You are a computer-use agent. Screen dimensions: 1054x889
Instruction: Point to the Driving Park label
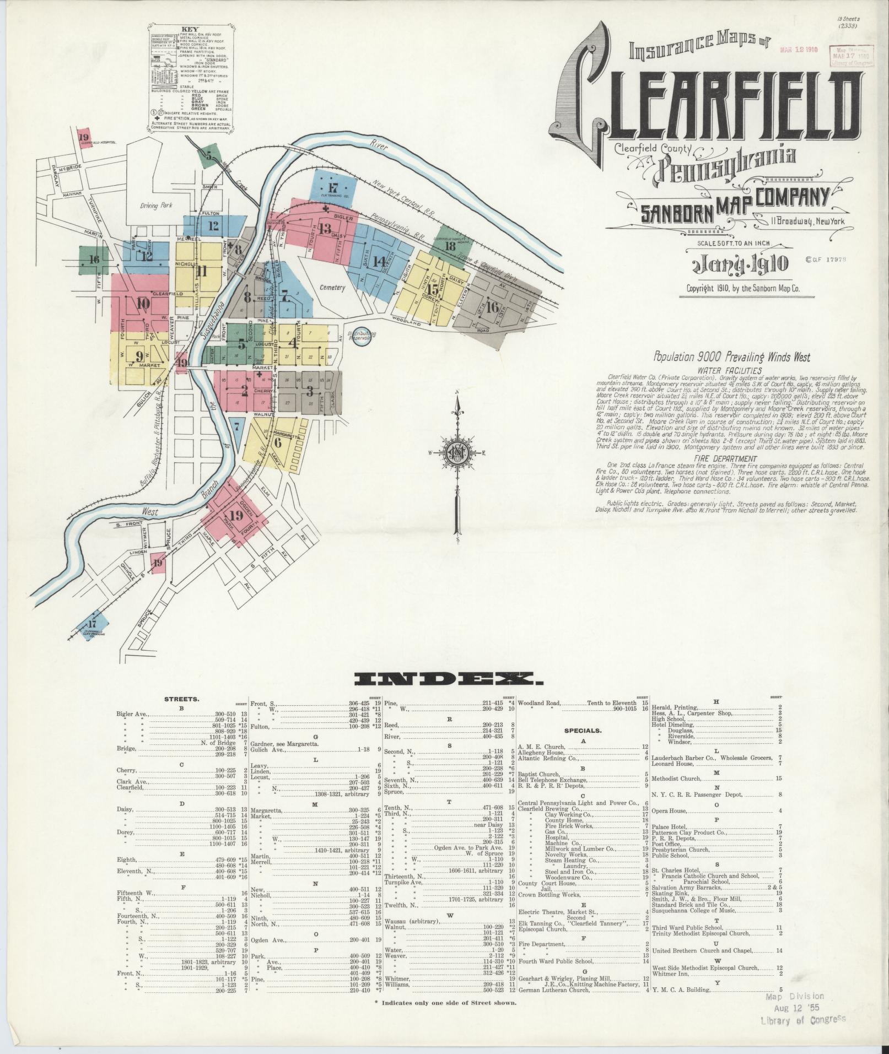156,206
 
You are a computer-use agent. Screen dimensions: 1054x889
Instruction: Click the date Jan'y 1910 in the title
739,264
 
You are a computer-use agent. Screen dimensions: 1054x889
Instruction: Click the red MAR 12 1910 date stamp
799,50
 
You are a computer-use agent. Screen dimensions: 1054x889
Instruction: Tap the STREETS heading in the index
181,699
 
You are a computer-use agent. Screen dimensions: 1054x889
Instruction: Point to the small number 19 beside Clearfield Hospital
84,137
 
